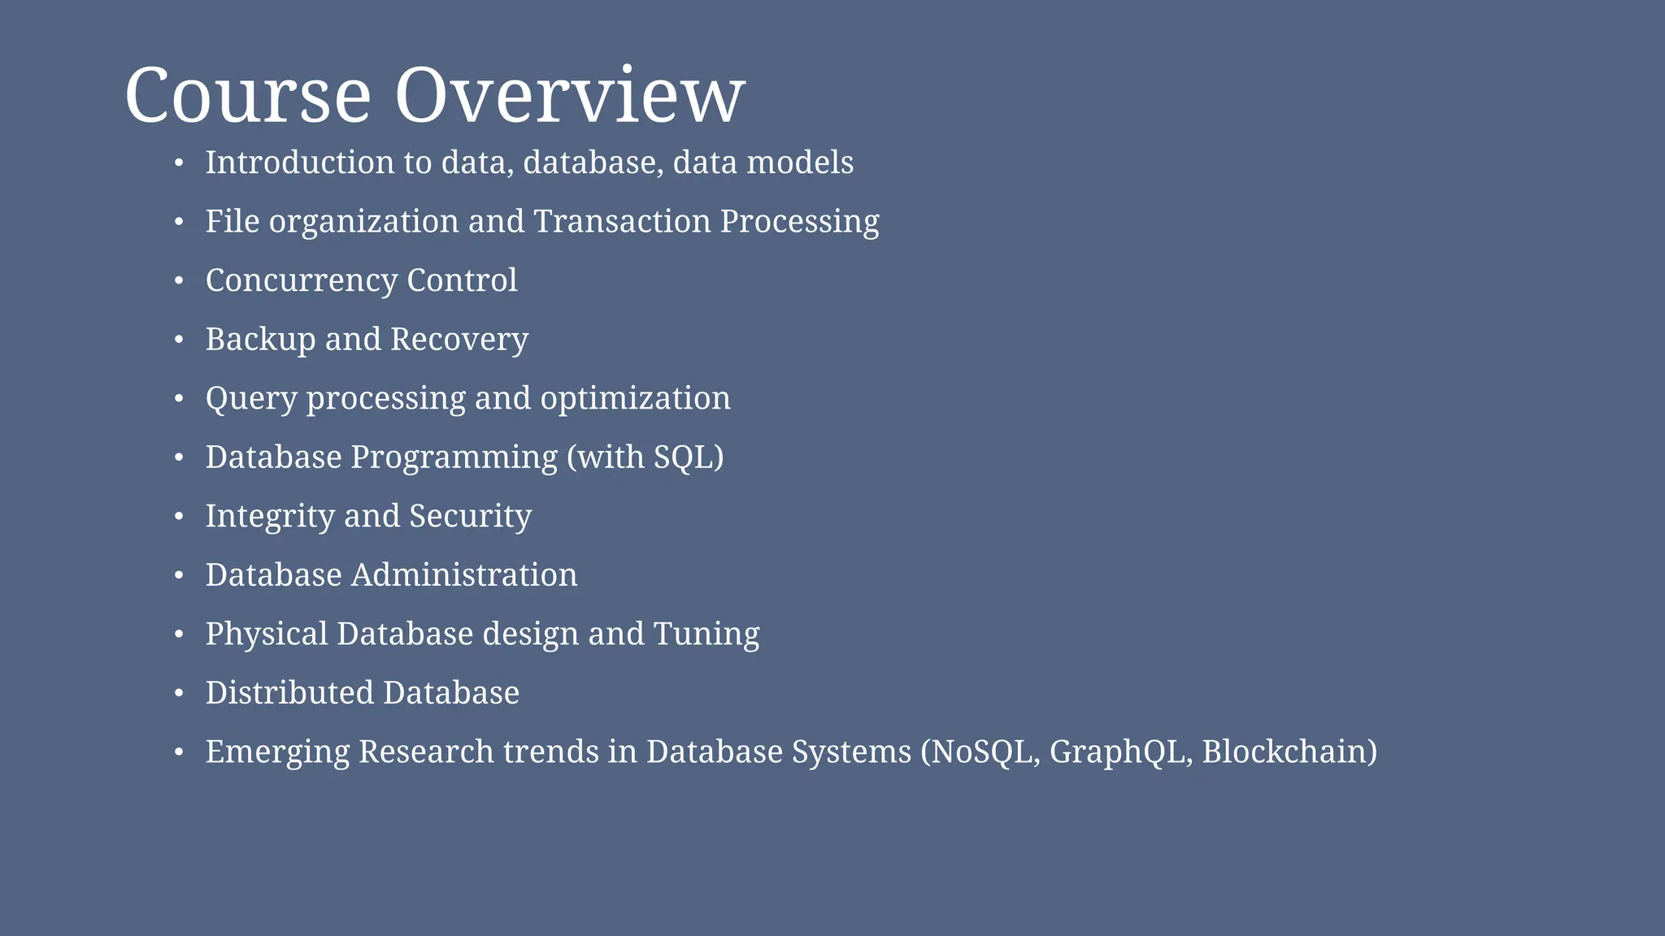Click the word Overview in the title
569,96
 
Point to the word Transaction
622,222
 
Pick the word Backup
260,340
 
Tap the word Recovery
459,340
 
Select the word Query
251,399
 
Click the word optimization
635,398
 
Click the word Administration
464,575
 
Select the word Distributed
289,693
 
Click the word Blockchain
1285,752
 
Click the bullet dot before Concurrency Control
180,281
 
